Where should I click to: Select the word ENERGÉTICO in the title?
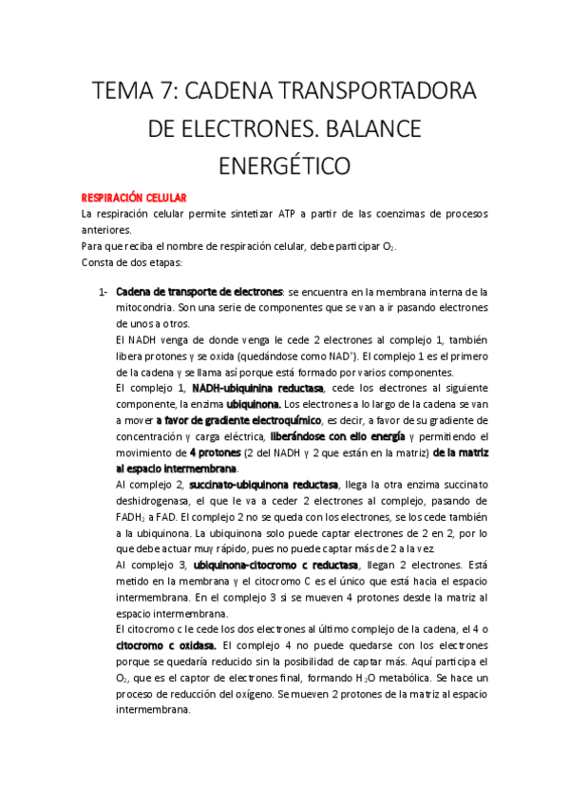tap(284, 165)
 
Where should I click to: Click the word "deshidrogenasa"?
tap(156, 501)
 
